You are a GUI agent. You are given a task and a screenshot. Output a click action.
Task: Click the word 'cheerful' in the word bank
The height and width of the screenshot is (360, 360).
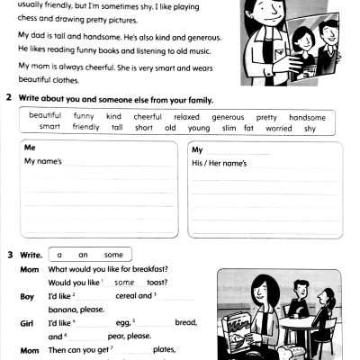point(148,117)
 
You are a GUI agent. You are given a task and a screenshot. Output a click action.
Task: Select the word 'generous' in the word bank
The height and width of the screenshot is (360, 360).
point(228,117)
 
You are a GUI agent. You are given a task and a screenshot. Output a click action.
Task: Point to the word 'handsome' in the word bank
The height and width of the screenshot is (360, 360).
point(307,117)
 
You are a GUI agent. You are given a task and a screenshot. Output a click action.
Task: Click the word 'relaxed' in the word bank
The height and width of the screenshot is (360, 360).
point(186,117)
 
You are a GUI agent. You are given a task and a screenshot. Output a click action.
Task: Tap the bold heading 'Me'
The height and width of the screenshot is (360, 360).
point(31,147)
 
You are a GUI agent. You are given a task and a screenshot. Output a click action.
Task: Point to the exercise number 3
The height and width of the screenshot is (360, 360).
point(9,254)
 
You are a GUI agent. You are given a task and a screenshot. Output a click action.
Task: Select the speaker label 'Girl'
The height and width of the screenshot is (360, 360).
point(27,321)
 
